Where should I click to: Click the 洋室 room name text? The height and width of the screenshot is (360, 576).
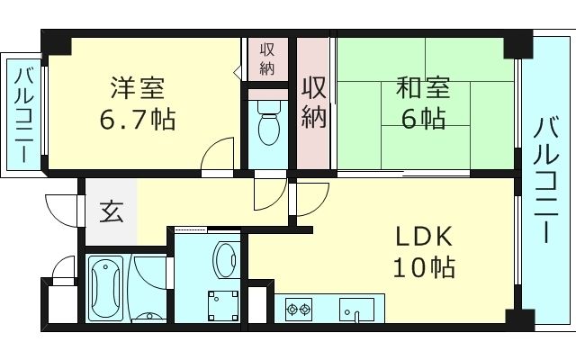pos(137,89)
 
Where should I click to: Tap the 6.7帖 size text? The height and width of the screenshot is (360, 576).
pos(137,118)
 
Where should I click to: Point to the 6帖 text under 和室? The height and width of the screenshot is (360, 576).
pos(422,118)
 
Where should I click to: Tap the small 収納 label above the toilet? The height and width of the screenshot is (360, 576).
pos(267,58)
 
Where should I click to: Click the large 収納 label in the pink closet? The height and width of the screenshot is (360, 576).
pos(314,103)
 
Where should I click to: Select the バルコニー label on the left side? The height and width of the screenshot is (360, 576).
pos(22,112)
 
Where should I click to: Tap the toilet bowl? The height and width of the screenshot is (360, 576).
pos(267,125)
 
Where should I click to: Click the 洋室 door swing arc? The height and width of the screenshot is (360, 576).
pos(216,154)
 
